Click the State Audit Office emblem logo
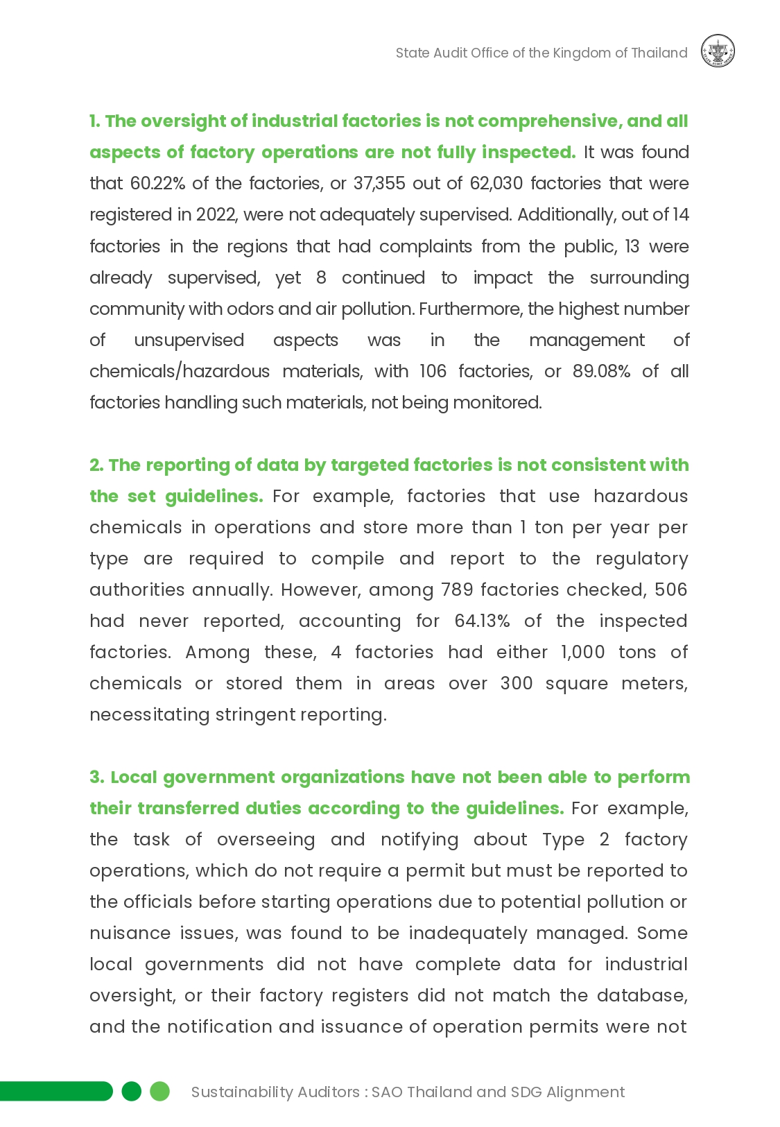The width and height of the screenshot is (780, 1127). point(718,52)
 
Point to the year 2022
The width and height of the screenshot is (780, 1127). point(216,215)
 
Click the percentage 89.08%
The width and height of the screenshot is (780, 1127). point(601,372)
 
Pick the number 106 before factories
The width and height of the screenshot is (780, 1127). point(433,372)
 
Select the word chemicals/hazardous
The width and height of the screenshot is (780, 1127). point(180,372)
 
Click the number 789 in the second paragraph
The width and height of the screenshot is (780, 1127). point(457,590)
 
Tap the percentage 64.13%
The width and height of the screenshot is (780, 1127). point(482,621)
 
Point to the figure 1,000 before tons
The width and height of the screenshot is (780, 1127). point(582,653)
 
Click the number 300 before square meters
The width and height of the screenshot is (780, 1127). point(516,684)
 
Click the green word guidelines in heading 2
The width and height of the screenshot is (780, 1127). point(214,497)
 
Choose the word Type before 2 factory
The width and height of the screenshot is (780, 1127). point(563,840)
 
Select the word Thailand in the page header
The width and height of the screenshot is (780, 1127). point(659,53)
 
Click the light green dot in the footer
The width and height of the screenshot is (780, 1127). point(160,1092)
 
